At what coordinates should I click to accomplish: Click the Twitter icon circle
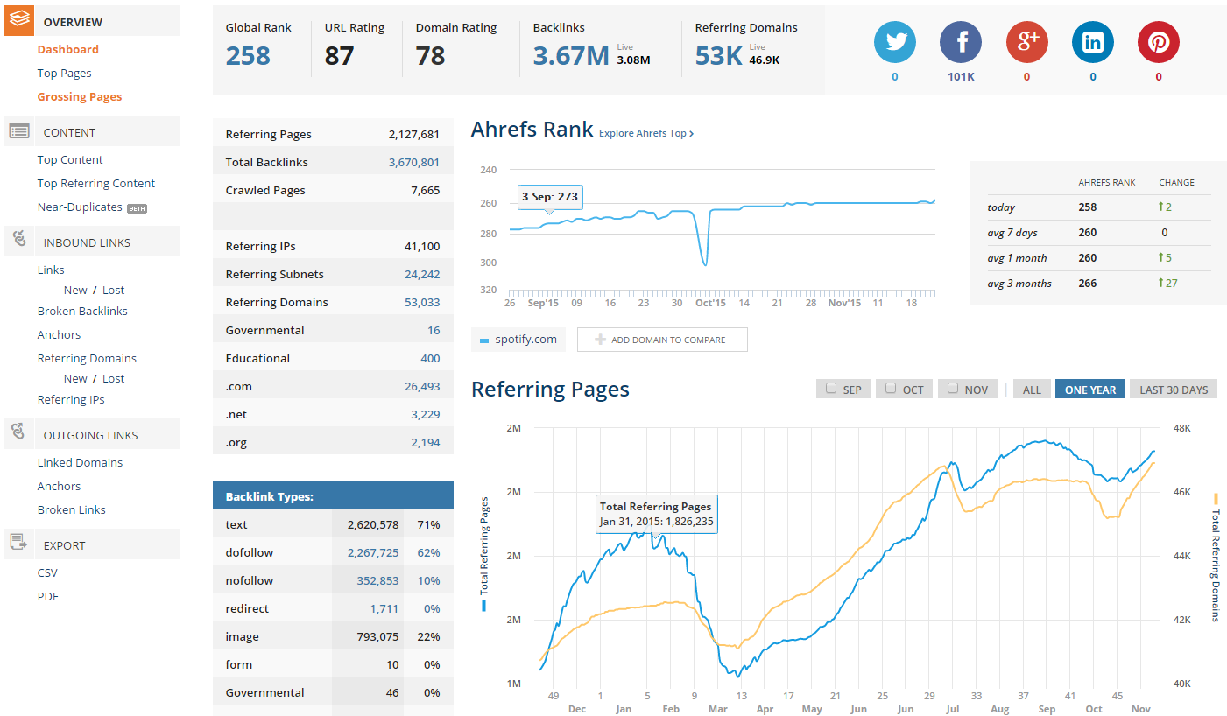pos(894,42)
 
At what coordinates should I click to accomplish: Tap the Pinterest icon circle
pos(1159,42)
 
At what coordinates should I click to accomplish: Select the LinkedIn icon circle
pos(1093,42)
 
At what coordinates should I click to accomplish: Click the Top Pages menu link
pos(64,73)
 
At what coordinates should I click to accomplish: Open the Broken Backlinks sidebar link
pos(82,311)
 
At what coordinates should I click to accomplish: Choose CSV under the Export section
pos(47,572)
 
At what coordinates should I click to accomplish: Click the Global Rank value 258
pos(248,56)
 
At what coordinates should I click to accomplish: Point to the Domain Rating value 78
pos(430,56)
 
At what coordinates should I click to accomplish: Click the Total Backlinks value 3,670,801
pos(413,162)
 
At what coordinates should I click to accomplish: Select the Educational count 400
pos(430,358)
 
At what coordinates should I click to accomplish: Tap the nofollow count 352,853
pos(377,580)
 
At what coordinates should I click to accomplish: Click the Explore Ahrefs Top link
pos(646,133)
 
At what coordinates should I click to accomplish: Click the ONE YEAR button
pos(1090,390)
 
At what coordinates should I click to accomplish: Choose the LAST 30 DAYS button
pos(1174,390)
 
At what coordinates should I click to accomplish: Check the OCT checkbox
pos(891,388)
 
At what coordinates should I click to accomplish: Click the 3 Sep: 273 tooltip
pos(550,197)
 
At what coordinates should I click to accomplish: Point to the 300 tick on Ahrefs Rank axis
pos(488,263)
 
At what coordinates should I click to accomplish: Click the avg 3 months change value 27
pos(1167,283)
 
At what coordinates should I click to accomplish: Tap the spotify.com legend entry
pos(518,340)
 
